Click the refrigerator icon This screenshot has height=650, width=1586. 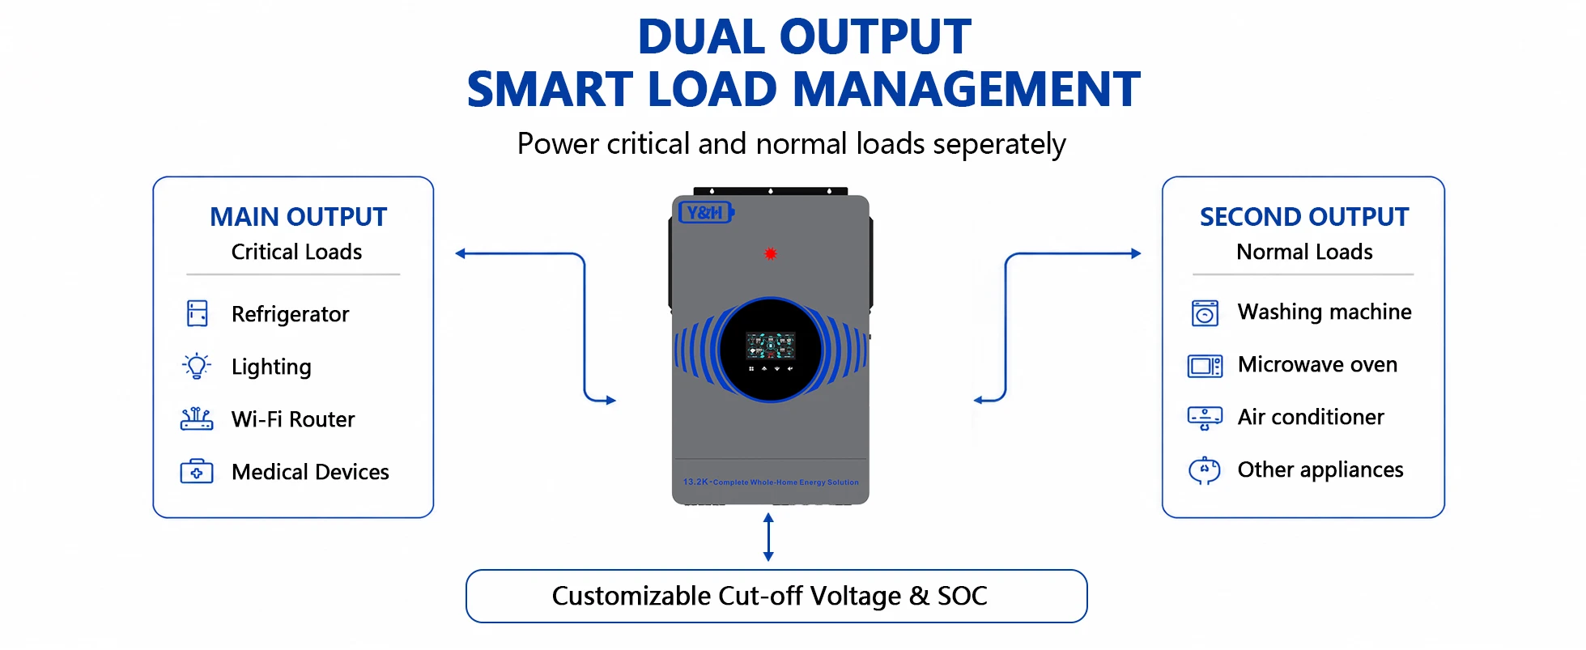click(198, 313)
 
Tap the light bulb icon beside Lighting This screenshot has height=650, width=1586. click(197, 366)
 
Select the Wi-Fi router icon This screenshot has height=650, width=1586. click(197, 418)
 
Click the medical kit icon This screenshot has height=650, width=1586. click(197, 471)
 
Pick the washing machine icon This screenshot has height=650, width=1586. click(1205, 312)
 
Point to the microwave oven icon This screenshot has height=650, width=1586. click(1205, 366)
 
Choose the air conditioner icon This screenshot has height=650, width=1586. click(1205, 418)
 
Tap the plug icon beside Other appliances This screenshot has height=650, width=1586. click(1205, 470)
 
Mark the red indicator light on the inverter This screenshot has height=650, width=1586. click(771, 253)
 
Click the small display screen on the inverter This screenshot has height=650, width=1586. click(771, 346)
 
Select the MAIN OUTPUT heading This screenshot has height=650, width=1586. click(298, 217)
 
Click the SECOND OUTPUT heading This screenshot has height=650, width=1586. click(1304, 217)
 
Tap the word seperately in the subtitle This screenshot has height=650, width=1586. click(999, 145)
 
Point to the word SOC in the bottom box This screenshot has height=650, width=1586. click(963, 596)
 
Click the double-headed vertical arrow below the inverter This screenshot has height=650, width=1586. click(768, 537)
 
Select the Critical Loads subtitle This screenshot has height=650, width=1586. click(296, 252)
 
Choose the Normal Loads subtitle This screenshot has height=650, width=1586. click(1304, 252)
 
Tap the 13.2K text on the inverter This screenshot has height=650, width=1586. click(695, 482)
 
